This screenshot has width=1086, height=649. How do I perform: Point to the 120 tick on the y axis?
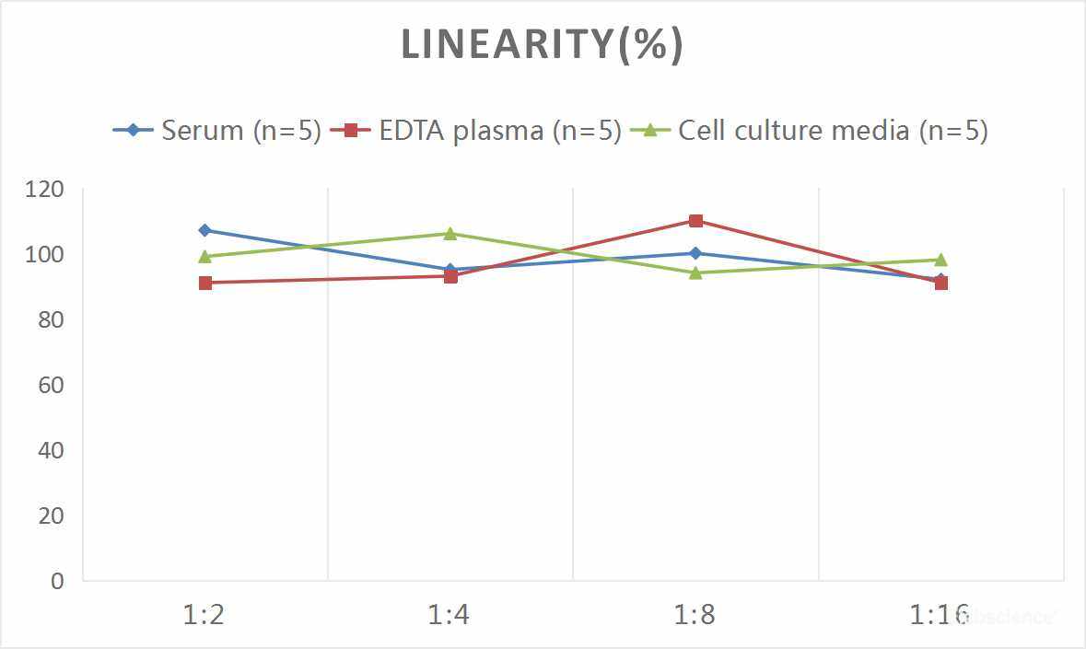coord(45,189)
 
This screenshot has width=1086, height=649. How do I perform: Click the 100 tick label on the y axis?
coord(45,254)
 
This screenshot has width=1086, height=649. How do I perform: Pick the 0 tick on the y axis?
coord(58,581)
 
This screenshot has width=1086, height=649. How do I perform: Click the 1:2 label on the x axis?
coord(204,615)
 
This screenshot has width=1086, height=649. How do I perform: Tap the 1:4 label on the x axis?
coord(450,615)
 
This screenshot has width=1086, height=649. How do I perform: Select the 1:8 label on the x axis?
coord(695,615)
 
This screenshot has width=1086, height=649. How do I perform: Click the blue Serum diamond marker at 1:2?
coord(204,230)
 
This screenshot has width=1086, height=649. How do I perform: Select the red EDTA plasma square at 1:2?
coord(204,283)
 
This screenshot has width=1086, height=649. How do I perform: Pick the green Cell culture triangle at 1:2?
coord(204,257)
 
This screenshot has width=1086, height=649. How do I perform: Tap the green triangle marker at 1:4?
coord(450,234)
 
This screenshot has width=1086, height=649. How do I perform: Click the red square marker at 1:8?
coord(695,221)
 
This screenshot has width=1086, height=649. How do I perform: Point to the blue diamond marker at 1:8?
coord(695,253)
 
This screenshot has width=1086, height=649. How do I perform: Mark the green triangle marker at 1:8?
coord(695,272)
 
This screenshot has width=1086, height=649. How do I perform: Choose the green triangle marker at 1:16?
coord(940,260)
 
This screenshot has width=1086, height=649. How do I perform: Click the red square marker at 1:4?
coord(450,276)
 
